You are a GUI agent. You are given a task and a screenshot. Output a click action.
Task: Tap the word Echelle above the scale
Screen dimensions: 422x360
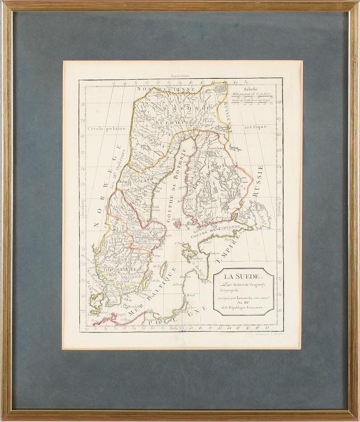248,88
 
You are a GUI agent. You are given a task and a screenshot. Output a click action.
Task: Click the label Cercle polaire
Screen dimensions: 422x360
107,129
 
